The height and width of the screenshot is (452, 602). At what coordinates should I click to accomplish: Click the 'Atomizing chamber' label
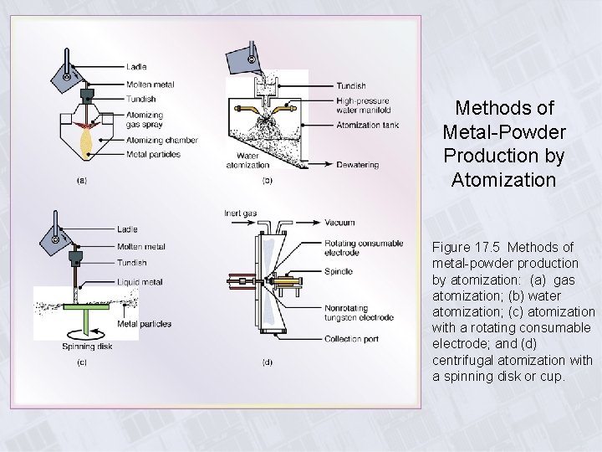pyautogui.click(x=162, y=140)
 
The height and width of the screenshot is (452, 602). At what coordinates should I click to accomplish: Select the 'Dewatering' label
pyautogui.click(x=357, y=165)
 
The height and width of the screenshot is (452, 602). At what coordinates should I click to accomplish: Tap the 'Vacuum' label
pyautogui.click(x=339, y=223)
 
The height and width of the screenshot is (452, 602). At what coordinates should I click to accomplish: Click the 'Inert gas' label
pyautogui.click(x=239, y=213)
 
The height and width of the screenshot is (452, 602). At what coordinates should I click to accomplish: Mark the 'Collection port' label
pyautogui.click(x=350, y=340)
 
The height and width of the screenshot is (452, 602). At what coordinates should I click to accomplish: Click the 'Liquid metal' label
pyautogui.click(x=140, y=282)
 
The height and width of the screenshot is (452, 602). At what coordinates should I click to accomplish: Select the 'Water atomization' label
pyautogui.click(x=247, y=160)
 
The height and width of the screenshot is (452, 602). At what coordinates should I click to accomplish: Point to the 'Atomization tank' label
pyautogui.click(x=367, y=126)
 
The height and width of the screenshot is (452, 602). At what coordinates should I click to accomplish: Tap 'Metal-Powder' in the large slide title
pyautogui.click(x=504, y=132)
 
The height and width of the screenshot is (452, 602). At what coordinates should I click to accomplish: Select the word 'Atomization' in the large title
pyautogui.click(x=504, y=179)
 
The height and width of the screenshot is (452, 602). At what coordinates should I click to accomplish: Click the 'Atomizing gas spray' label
pyautogui.click(x=145, y=120)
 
